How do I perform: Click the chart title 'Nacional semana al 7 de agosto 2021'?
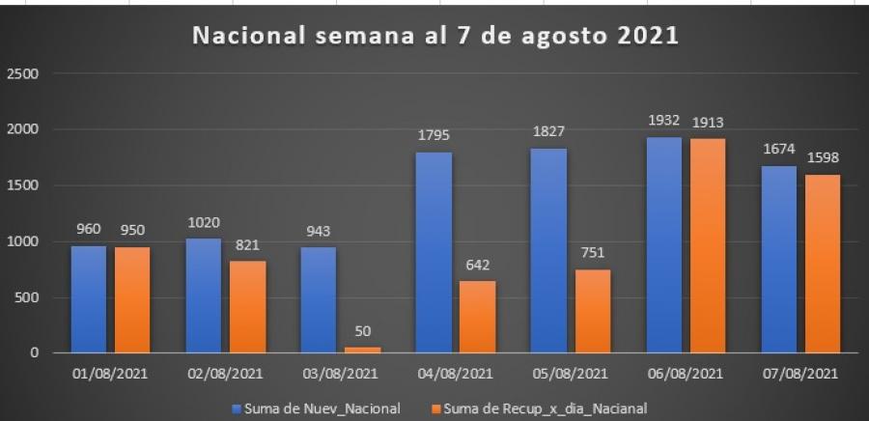(436, 37)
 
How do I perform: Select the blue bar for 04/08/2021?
(434, 252)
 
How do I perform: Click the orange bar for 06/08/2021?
(706, 245)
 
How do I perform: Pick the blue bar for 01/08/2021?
(89, 298)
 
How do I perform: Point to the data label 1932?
(663, 124)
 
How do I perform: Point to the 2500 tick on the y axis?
(26, 73)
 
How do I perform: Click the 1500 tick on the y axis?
(26, 185)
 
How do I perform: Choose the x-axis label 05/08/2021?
(568, 373)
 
